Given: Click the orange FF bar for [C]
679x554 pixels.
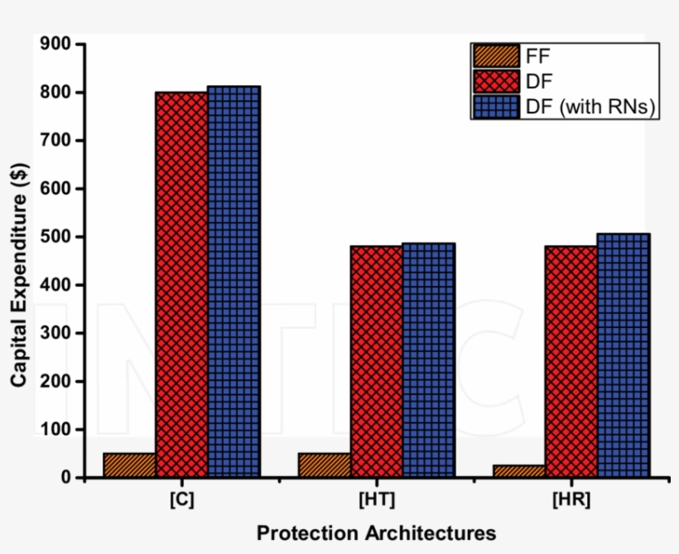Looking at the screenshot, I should click(129, 465).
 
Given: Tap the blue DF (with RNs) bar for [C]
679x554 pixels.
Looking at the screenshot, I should click(234, 282).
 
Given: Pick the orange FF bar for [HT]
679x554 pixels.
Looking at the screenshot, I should click(324, 465).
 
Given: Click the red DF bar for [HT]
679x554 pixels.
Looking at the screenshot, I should click(376, 361).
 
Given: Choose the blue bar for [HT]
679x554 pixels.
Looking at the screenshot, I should click(428, 360).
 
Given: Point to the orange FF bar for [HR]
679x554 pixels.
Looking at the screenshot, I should click(518, 471).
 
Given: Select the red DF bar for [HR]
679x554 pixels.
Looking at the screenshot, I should click(571, 361).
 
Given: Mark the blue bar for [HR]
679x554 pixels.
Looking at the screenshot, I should click(623, 355).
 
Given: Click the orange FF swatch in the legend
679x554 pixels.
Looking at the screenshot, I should click(496, 56).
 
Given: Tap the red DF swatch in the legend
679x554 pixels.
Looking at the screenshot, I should click(496, 81).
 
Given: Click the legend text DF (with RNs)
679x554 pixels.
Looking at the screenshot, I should click(590, 107).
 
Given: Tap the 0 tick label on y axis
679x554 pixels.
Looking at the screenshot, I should click(66, 478).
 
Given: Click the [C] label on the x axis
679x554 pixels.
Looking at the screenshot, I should click(181, 500).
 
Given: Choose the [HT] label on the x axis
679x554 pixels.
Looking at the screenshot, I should click(376, 500).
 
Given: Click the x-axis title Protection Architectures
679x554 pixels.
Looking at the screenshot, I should click(376, 532).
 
